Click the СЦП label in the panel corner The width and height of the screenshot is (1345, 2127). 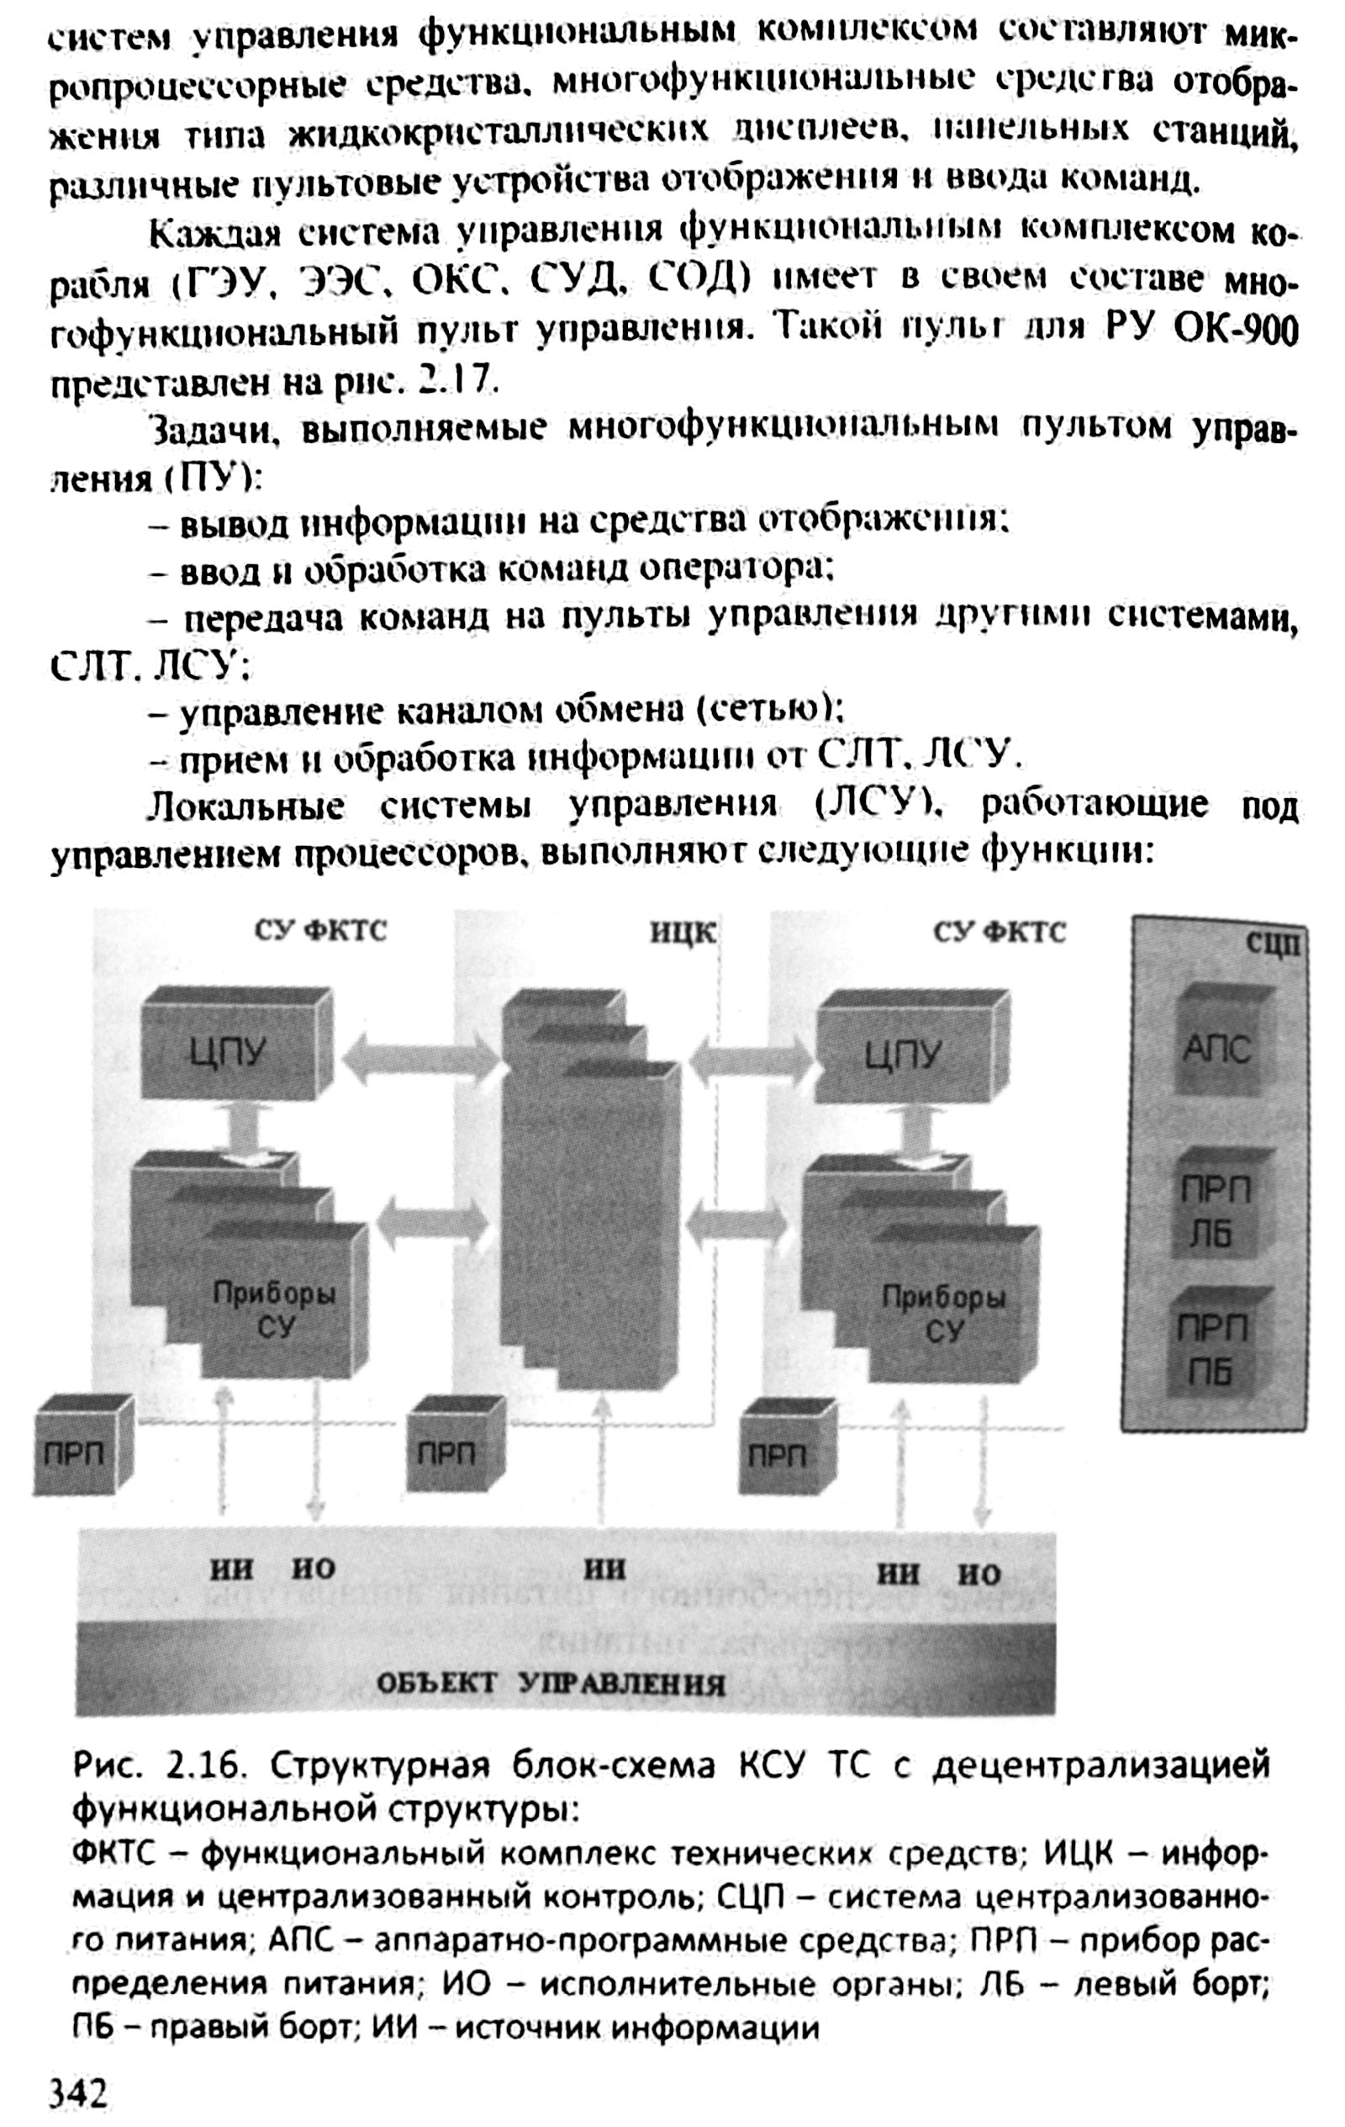[1273, 944]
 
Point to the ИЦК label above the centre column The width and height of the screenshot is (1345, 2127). [683, 933]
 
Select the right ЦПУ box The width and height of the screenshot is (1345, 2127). [905, 1053]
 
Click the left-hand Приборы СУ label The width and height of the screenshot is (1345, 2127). [275, 1312]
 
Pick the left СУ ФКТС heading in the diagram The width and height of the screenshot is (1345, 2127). [320, 931]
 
